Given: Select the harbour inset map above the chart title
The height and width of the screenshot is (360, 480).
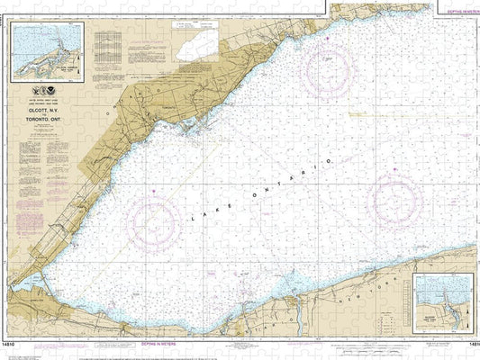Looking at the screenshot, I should (x=47, y=51).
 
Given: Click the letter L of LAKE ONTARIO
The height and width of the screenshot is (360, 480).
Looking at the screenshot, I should (x=192, y=221).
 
